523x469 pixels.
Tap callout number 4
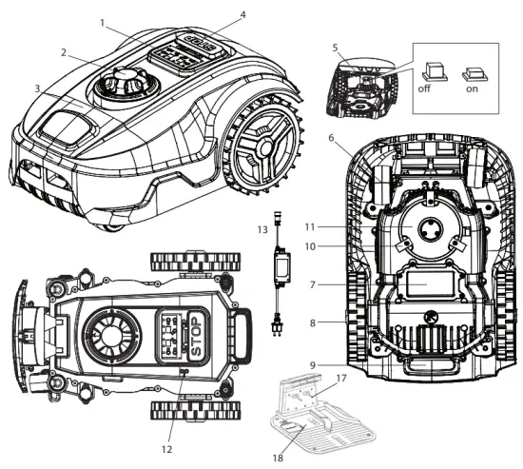[x=242, y=15]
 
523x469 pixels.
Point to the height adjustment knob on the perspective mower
[x=121, y=86]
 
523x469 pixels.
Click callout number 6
[x=330, y=138]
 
